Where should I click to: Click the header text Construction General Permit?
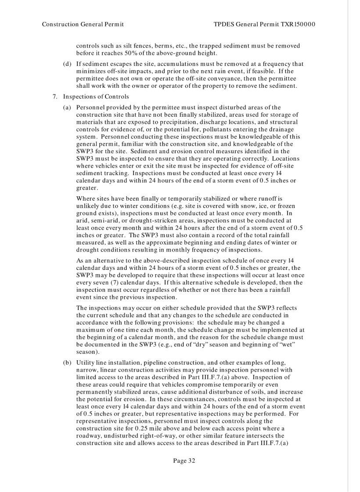coord(83,24)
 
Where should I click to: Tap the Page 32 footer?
coord(184,460)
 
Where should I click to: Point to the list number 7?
coord(54,97)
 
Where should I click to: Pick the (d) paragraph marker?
coord(67,64)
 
